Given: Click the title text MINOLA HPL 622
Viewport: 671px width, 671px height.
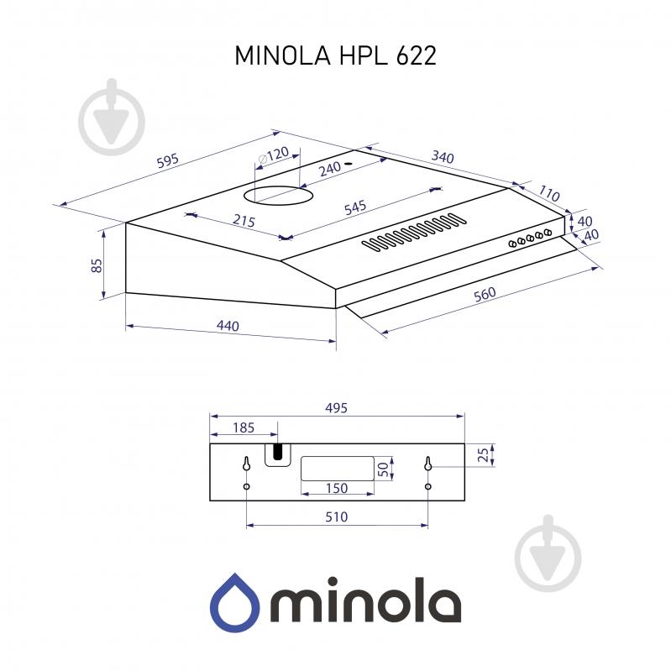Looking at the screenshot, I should pyautogui.click(x=335, y=55).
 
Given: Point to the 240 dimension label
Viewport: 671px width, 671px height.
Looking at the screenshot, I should pyautogui.click(x=329, y=168).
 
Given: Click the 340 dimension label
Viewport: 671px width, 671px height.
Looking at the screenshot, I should pyautogui.click(x=442, y=157).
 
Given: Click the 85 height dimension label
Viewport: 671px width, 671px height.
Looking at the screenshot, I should pyautogui.click(x=97, y=266).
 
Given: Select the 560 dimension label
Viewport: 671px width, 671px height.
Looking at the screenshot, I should pyautogui.click(x=484, y=295).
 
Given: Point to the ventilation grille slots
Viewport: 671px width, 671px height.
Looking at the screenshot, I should pyautogui.click(x=414, y=233).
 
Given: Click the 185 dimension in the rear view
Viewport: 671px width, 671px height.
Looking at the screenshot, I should pyautogui.click(x=242, y=428).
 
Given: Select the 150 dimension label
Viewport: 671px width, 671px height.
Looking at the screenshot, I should pyautogui.click(x=336, y=489).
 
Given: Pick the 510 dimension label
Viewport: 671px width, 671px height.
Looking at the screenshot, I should pyautogui.click(x=336, y=517).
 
